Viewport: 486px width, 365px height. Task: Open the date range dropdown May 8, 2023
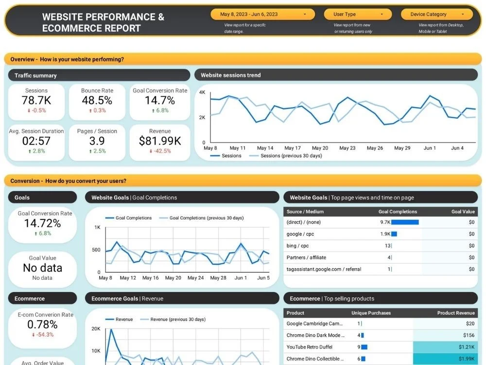262,14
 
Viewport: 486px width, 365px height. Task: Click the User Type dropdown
358,14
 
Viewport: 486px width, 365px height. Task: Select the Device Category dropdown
436,14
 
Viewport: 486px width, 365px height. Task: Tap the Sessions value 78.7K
36,101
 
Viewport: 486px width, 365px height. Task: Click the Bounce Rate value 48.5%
97,101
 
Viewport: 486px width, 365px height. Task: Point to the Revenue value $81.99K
160,141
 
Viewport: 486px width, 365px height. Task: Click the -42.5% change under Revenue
160,151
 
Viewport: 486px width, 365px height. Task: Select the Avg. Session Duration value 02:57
36,141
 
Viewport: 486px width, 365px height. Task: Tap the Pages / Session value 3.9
97,141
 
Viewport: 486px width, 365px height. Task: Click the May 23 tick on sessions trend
347,148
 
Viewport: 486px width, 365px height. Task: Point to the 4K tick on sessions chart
202,92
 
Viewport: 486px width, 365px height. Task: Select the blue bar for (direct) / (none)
405,222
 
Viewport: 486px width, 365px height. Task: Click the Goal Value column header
463,212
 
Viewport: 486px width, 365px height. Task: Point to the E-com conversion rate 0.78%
42,325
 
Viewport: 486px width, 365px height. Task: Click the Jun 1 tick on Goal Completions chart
241,278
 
